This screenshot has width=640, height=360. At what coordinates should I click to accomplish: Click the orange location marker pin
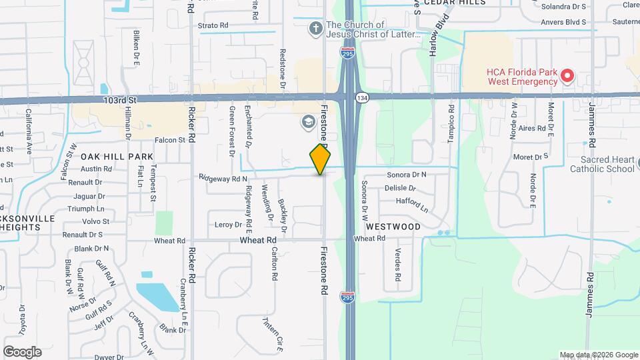tap(321, 159)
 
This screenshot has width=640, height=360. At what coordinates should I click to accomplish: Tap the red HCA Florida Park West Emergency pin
tap(567, 75)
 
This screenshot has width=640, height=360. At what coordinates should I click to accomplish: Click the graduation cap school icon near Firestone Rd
tap(308, 121)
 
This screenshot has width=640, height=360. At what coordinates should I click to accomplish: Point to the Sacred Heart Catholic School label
tap(603, 165)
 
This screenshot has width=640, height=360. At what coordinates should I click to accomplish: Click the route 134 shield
tap(361, 98)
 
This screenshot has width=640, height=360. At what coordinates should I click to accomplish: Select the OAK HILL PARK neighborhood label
tap(117, 156)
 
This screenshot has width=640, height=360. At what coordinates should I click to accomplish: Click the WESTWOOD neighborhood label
tap(393, 227)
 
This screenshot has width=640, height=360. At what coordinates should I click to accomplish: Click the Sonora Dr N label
tap(407, 175)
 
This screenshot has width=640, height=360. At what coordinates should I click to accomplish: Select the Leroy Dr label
tap(228, 225)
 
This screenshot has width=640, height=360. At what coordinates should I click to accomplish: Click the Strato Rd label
tap(213, 25)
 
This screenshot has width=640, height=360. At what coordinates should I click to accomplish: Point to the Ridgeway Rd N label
tap(223, 179)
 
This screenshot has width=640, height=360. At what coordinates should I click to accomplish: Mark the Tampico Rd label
tap(451, 123)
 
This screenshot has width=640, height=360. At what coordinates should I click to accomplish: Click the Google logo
tap(22, 351)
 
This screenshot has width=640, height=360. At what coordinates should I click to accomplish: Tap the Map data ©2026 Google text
tap(597, 355)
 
